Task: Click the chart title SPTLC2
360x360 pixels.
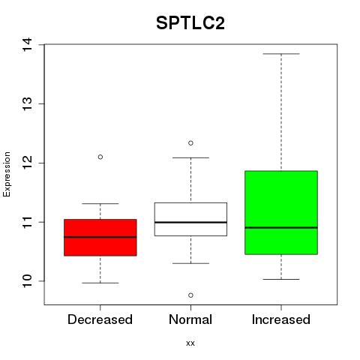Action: (x=190, y=23)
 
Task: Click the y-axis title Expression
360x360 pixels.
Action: (x=7, y=174)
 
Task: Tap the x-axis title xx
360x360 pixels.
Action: (x=190, y=343)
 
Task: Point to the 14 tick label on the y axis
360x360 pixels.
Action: (x=28, y=44)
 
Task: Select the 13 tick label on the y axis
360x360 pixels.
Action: (x=28, y=103)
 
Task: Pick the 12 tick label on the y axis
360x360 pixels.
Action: (x=28, y=163)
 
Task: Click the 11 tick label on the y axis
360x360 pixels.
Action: (x=28, y=222)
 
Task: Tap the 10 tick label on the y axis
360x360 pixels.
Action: (x=28, y=281)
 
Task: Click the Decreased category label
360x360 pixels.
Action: (x=100, y=319)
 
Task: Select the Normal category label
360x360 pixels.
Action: (x=190, y=319)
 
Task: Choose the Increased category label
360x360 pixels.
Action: (x=281, y=319)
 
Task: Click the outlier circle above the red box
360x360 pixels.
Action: (x=100, y=157)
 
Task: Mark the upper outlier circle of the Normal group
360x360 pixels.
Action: (x=190, y=143)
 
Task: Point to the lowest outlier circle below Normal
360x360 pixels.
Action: (x=190, y=295)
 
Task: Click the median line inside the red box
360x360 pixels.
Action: (x=100, y=237)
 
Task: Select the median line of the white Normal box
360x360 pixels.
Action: (x=190, y=222)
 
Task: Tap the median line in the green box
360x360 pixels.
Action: (x=281, y=227)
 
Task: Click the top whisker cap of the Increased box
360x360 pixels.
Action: (x=281, y=54)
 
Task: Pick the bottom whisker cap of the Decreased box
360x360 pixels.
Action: (x=100, y=283)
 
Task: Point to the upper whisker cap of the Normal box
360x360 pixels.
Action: (x=190, y=157)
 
